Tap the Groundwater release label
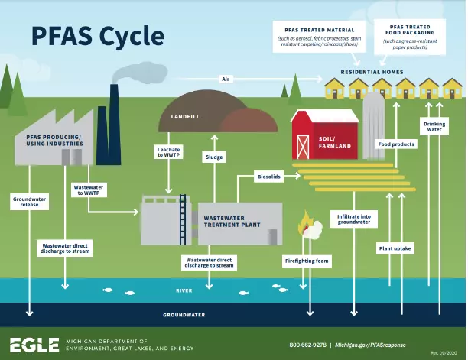click(x=29, y=201)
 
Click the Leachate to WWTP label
click(x=168, y=152)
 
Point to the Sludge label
click(x=213, y=157)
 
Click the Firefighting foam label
click(x=307, y=261)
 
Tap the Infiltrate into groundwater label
click(x=355, y=219)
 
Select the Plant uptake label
click(x=395, y=248)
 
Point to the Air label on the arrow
click(x=225, y=79)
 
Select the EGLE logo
click(x=34, y=343)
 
